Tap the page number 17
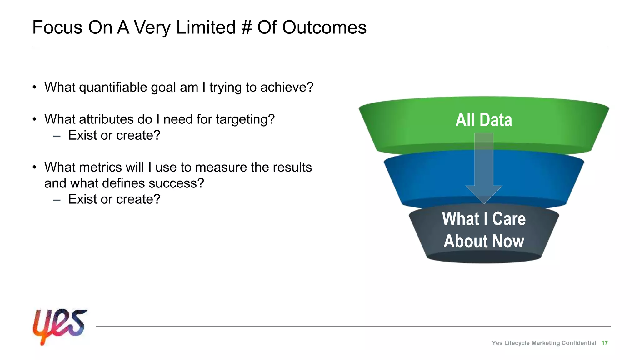point(604,343)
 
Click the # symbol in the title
point(246,27)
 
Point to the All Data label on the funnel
point(483,120)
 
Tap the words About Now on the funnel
point(483,241)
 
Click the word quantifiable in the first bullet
point(113,87)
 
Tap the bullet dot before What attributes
point(35,119)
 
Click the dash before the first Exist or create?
point(57,136)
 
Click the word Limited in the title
point(206,27)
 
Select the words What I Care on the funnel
point(483,219)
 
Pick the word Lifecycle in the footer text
point(517,343)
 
